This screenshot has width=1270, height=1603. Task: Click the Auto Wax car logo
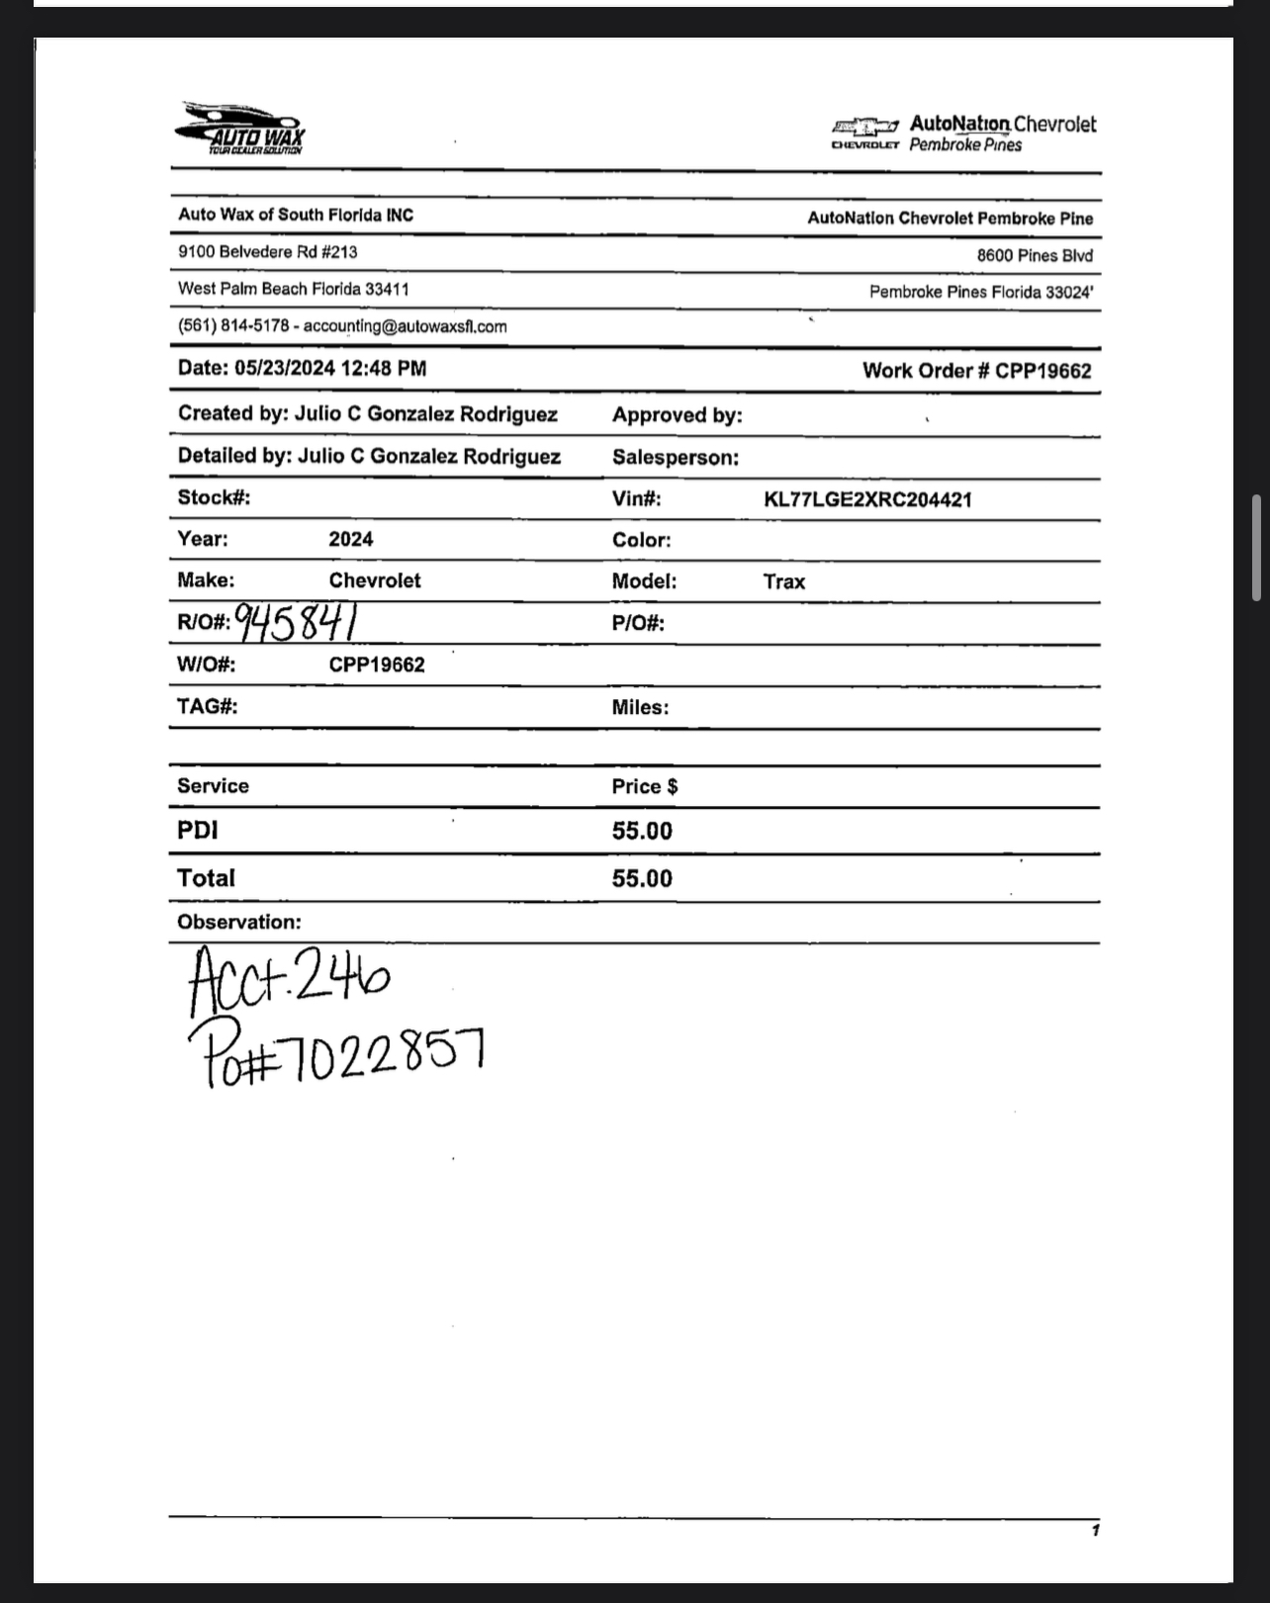click(x=239, y=129)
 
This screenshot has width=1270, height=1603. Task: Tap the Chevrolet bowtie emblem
click(x=865, y=127)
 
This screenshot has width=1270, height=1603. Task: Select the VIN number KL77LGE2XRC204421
click(x=867, y=499)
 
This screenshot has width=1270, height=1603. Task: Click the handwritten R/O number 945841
click(x=297, y=622)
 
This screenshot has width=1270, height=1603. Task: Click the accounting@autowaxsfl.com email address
click(x=406, y=326)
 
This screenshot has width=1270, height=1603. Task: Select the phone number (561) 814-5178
click(x=233, y=326)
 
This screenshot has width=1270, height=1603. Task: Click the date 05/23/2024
click(x=285, y=369)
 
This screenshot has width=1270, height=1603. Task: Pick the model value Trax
click(x=783, y=581)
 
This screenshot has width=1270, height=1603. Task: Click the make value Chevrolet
click(x=375, y=580)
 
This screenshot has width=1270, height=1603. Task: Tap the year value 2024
click(x=351, y=539)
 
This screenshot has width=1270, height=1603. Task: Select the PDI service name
click(x=198, y=831)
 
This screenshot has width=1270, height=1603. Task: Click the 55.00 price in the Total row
click(x=642, y=879)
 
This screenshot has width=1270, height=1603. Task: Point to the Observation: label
click(x=239, y=923)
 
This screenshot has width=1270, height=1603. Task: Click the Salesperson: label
click(x=676, y=458)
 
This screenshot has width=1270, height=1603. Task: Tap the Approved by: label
click(x=678, y=415)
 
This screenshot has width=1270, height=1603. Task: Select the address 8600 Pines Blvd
click(x=1035, y=255)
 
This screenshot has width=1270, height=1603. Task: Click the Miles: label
click(x=640, y=707)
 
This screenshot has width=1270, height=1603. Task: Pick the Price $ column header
click(x=645, y=787)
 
